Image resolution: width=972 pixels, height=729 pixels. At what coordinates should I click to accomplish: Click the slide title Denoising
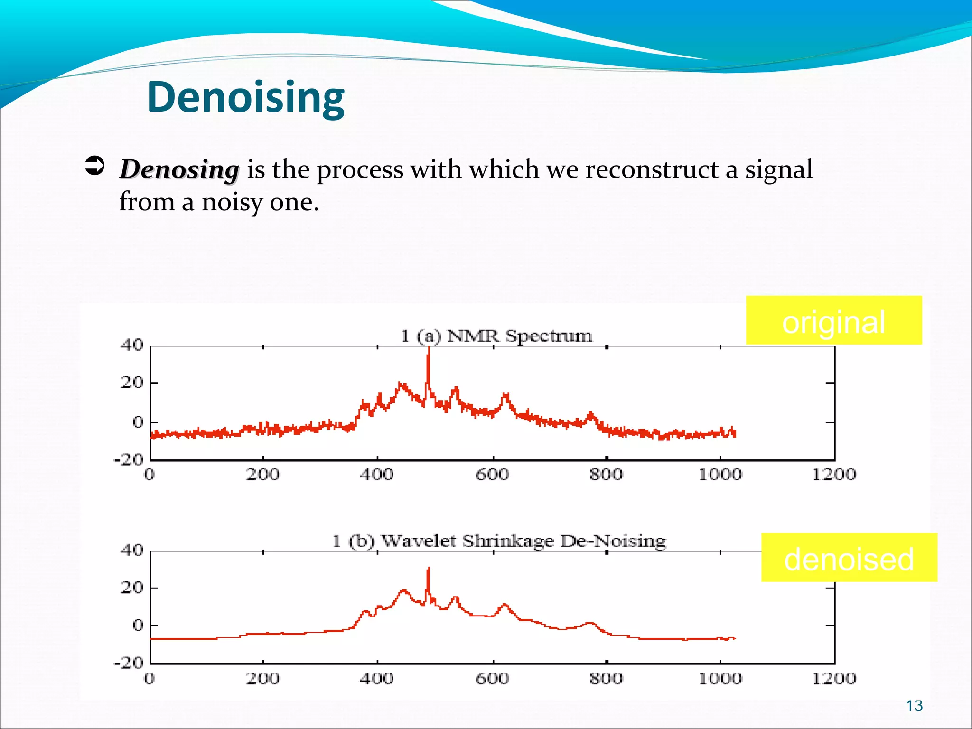(x=246, y=97)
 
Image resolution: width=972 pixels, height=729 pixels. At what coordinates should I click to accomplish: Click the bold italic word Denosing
(x=179, y=169)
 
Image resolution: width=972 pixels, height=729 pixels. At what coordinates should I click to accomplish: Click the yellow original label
(x=833, y=321)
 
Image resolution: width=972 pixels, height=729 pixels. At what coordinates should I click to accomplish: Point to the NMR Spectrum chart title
(x=496, y=336)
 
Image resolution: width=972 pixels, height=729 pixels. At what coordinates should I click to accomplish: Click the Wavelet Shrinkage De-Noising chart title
(x=499, y=541)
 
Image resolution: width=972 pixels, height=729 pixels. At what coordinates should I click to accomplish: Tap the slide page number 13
(x=914, y=706)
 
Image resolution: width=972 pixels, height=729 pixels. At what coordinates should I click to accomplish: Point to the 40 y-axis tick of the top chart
(x=132, y=345)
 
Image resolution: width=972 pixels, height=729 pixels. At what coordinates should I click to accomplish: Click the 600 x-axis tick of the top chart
(x=492, y=474)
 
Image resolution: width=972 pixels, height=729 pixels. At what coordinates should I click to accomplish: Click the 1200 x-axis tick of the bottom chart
(x=834, y=679)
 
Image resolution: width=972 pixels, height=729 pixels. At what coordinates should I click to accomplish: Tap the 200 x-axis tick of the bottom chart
(x=263, y=679)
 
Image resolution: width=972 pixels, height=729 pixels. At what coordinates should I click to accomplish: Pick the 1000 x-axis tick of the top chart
(x=720, y=474)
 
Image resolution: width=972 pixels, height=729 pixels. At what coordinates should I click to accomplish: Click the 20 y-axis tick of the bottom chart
(x=132, y=588)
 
